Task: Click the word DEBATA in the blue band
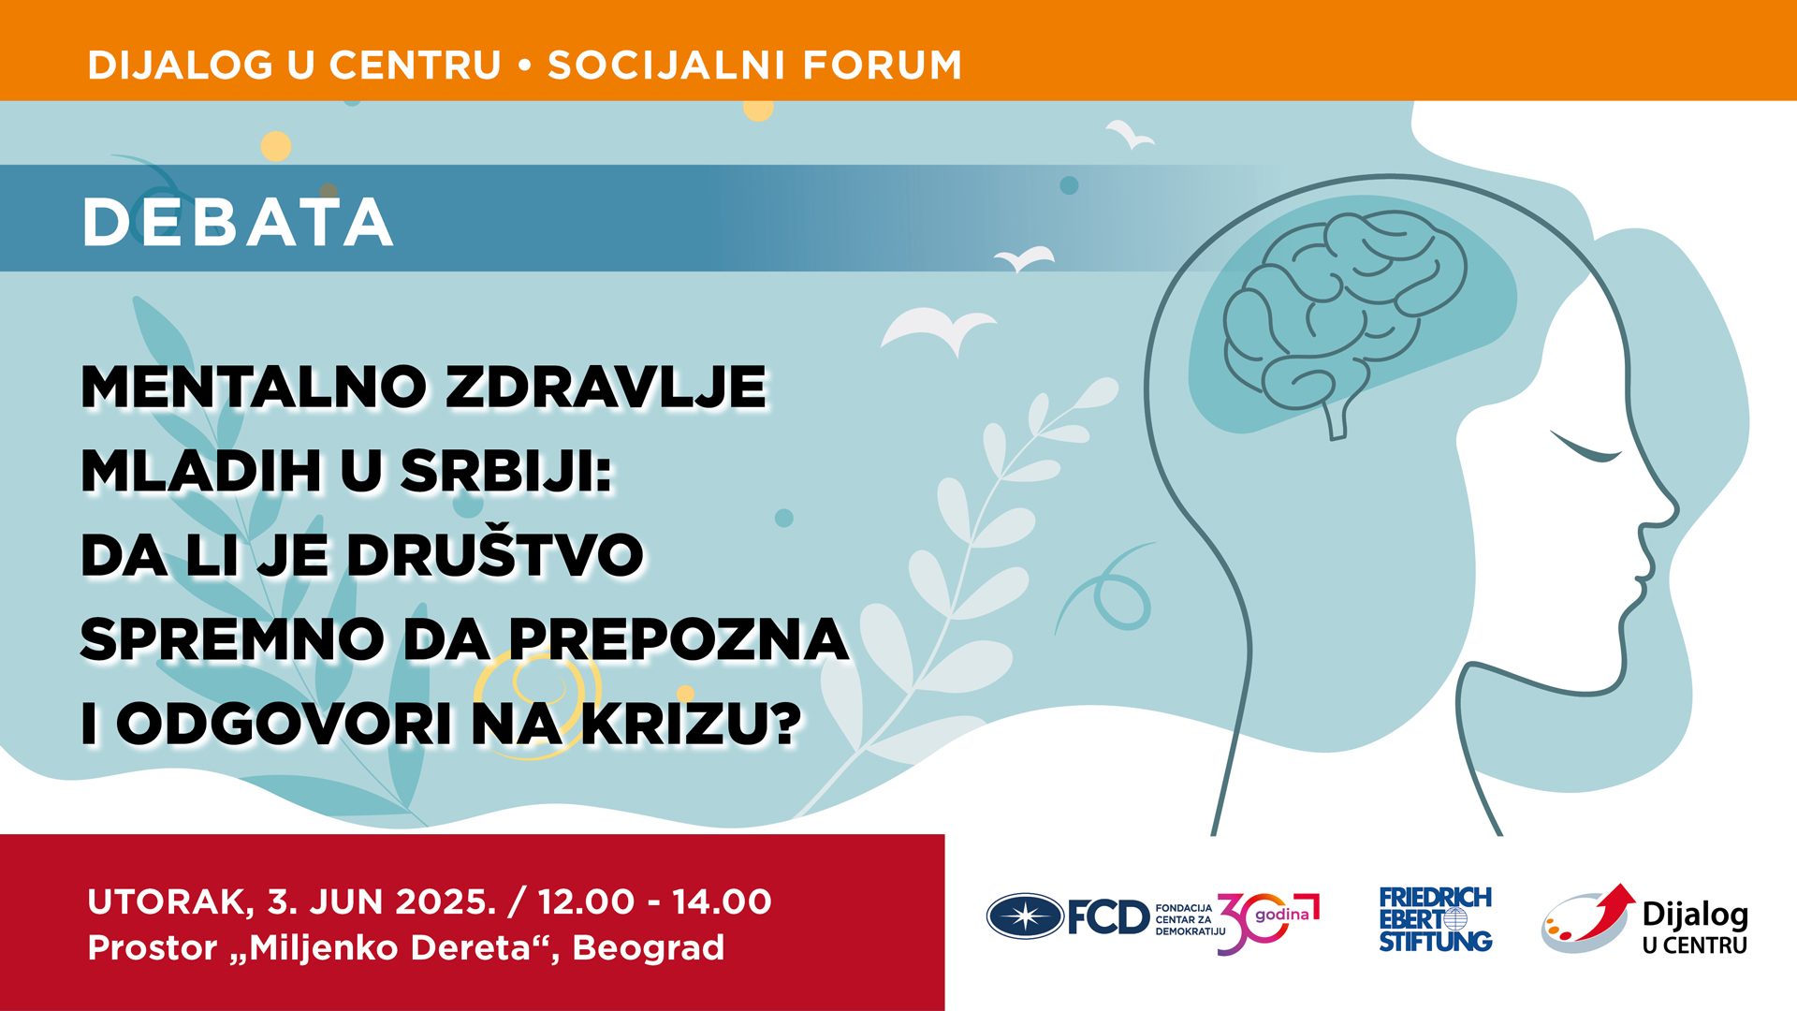click(238, 223)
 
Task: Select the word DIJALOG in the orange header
click(181, 66)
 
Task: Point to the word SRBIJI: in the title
click(506, 471)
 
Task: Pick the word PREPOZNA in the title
click(679, 640)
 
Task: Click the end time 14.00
click(723, 901)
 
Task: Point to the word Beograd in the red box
click(649, 948)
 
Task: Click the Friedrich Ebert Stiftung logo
click(1436, 919)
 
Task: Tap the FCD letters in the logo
click(1109, 917)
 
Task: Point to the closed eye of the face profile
click(1586, 448)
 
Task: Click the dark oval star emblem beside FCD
click(1026, 916)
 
